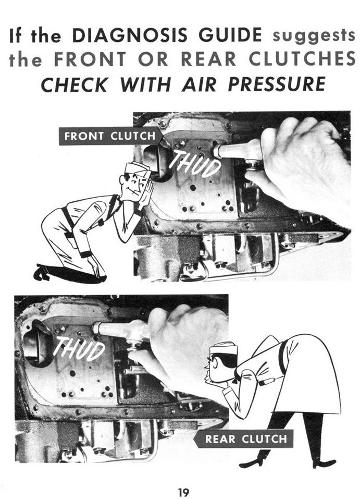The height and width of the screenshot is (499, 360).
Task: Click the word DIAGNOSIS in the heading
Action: [x=130, y=35]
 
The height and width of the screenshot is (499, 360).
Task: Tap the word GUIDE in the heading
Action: [x=230, y=35]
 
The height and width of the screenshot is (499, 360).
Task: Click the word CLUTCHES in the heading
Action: [x=302, y=59]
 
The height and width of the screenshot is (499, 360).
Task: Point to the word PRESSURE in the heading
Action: [x=277, y=84]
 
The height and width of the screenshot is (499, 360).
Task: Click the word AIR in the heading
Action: [x=199, y=84]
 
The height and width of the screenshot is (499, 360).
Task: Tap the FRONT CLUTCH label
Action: [x=110, y=136]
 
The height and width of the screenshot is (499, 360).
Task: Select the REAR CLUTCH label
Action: [x=244, y=439]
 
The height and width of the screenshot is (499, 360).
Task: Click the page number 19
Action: [x=183, y=492]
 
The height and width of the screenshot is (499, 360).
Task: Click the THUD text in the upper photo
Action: [x=195, y=163]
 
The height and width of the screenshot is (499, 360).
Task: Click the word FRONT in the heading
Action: [x=90, y=59]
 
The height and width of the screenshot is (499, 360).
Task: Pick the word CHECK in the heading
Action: [x=74, y=84]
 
